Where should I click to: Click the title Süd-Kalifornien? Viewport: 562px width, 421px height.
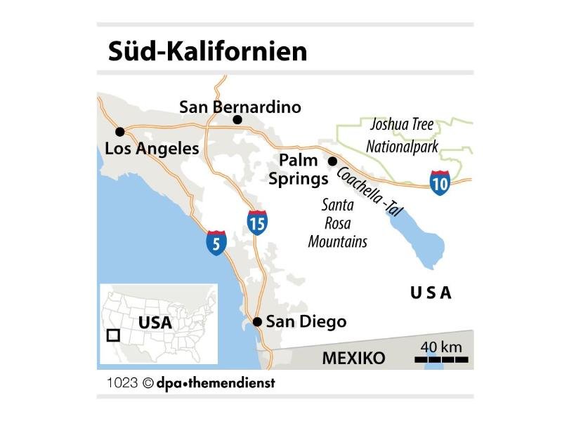pyautogui.click(x=207, y=51)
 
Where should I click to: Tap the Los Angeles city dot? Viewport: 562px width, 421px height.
pyautogui.click(x=120, y=131)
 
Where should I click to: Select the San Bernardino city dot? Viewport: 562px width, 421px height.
pyautogui.click(x=237, y=120)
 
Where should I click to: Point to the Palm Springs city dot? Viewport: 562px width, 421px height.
pyautogui.click(x=332, y=161)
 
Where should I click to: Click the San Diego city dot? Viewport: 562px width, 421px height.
pyautogui.click(x=257, y=322)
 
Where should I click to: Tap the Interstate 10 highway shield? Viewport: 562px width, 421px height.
pyautogui.click(x=440, y=182)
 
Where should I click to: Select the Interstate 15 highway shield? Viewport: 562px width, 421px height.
pyautogui.click(x=257, y=222)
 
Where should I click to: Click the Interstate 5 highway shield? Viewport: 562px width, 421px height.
pyautogui.click(x=216, y=242)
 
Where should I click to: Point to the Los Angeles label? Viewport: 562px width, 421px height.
pyautogui.click(x=151, y=149)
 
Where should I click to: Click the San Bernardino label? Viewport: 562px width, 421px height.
pyautogui.click(x=240, y=107)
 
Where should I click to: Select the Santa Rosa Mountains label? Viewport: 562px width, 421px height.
pyautogui.click(x=344, y=224)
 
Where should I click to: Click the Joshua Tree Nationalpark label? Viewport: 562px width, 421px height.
pyautogui.click(x=402, y=137)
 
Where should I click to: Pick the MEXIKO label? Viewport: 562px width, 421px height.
pyautogui.click(x=353, y=358)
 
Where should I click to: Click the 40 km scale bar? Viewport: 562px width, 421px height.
pyautogui.click(x=441, y=359)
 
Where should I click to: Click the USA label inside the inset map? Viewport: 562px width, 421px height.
pyautogui.click(x=155, y=323)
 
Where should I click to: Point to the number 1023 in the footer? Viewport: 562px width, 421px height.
pyautogui.click(x=122, y=384)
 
